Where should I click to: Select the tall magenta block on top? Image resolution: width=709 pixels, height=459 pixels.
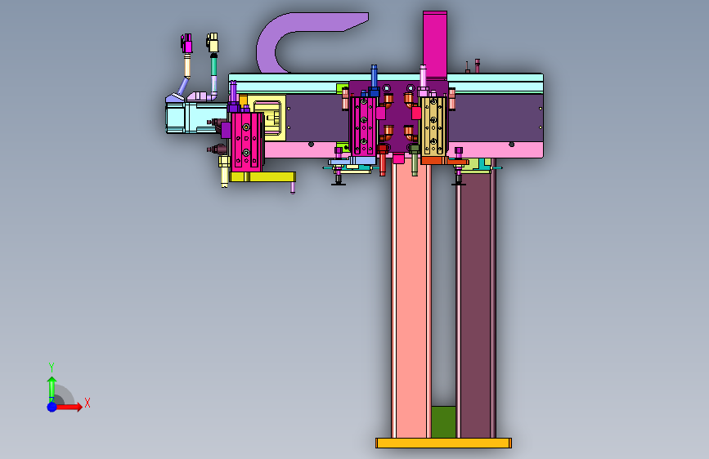[x=435, y=45]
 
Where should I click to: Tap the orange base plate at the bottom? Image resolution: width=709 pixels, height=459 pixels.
[x=443, y=443]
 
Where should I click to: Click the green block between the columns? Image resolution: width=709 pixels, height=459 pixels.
[x=443, y=422]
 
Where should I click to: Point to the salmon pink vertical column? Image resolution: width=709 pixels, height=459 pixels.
[x=411, y=298]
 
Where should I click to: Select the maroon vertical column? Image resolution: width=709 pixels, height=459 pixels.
[x=476, y=303]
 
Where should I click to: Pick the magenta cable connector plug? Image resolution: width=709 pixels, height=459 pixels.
[x=186, y=43]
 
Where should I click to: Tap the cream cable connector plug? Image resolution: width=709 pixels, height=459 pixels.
[x=213, y=42]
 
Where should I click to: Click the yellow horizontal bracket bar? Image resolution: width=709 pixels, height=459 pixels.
[x=263, y=176]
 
